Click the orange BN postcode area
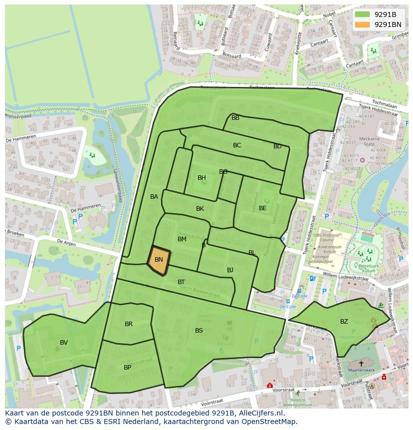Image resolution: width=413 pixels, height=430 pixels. (x=159, y=260)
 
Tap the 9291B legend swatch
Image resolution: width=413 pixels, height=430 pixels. (x=363, y=14)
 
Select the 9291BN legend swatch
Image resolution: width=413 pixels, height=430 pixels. (x=363, y=24)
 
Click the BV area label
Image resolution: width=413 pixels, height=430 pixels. (x=64, y=342)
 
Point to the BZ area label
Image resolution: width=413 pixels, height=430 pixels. (x=344, y=321)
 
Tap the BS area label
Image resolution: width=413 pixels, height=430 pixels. (x=199, y=330)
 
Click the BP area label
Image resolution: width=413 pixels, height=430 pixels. (x=127, y=367)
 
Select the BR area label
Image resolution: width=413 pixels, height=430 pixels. (x=129, y=324)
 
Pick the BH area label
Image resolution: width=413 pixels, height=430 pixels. (x=202, y=177)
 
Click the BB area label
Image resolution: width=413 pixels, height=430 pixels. (x=235, y=117)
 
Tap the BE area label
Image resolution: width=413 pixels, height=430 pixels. (x=262, y=208)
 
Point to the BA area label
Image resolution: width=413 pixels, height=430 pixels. (x=154, y=196)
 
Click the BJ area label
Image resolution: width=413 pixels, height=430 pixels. (x=230, y=270)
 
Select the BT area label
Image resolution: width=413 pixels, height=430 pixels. (x=181, y=282)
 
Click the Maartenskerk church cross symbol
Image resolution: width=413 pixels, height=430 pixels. (x=361, y=364)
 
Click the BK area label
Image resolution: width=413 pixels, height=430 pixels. (x=200, y=208)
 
